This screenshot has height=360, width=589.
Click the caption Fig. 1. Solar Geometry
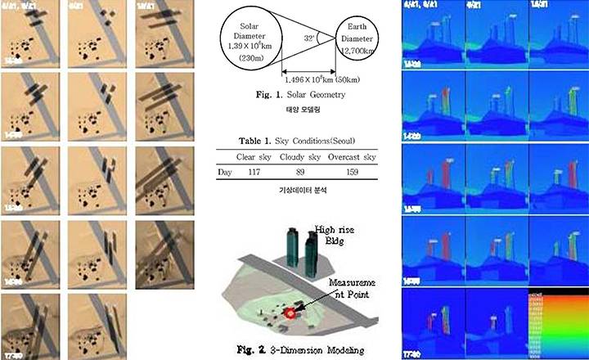(x=300, y=96)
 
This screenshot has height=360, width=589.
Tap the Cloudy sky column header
(x=295, y=156)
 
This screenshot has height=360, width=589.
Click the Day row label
(x=225, y=172)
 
